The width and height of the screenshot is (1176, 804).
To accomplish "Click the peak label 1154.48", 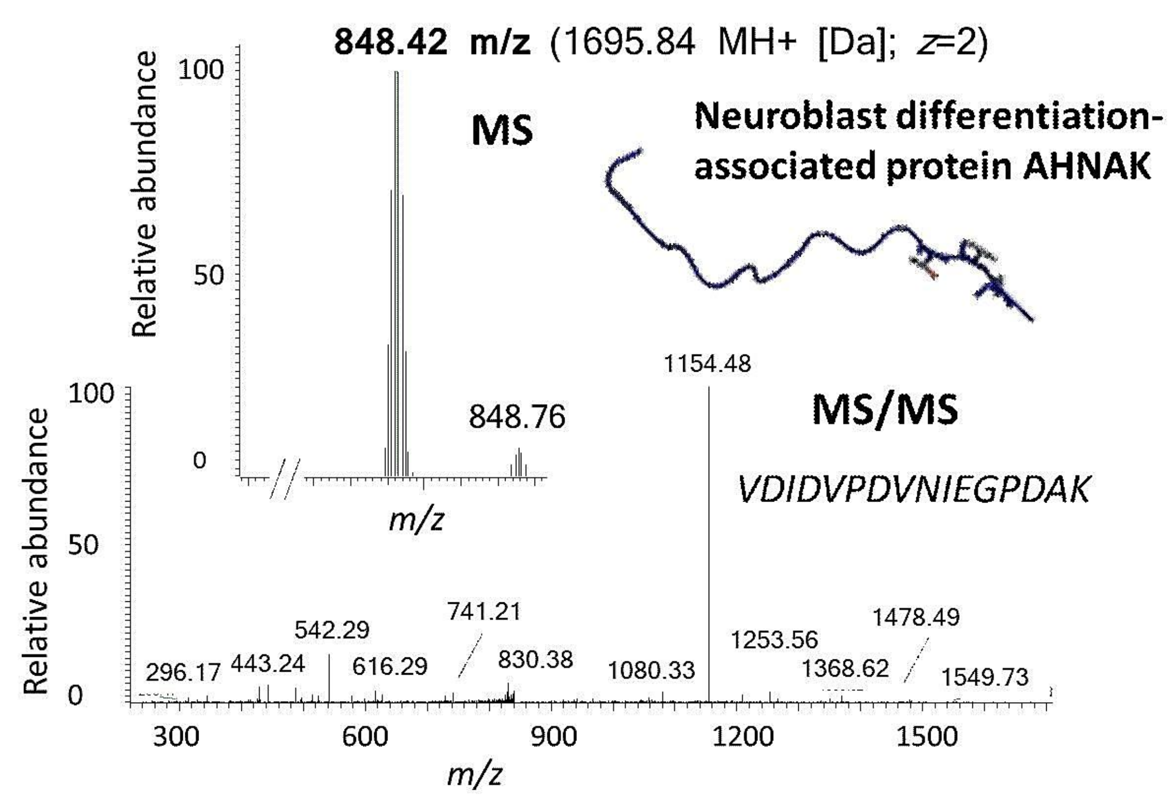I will tap(707, 365).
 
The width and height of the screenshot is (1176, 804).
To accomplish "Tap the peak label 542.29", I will tap(331, 630).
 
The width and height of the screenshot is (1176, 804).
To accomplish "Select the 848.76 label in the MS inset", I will tap(517, 417).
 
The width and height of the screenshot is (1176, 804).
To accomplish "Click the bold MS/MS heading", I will tap(885, 410).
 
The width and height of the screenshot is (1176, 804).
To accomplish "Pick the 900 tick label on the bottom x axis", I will tap(553, 737).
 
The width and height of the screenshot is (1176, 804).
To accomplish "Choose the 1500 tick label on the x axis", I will tap(927, 737).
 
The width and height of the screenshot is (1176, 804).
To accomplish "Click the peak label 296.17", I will tap(183, 673).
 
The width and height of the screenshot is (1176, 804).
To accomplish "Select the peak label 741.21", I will tap(484, 612).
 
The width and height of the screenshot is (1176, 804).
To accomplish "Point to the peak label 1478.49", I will tap(916, 618).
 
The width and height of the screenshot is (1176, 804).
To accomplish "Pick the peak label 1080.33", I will tap(651, 671).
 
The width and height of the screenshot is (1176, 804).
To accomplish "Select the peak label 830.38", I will tap(535, 660).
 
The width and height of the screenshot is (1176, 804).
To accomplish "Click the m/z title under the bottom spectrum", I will tap(474, 775).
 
